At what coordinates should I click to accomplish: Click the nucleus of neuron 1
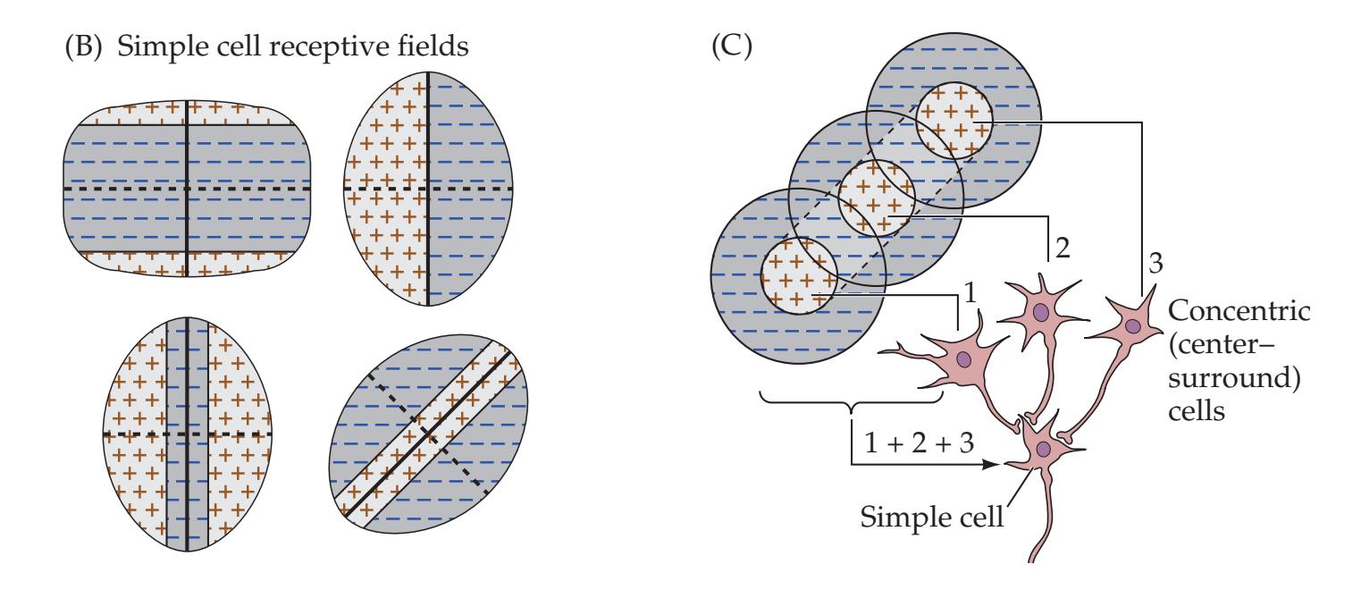963,359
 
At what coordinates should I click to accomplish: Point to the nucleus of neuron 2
1041,313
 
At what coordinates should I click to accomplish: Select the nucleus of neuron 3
1132,326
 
